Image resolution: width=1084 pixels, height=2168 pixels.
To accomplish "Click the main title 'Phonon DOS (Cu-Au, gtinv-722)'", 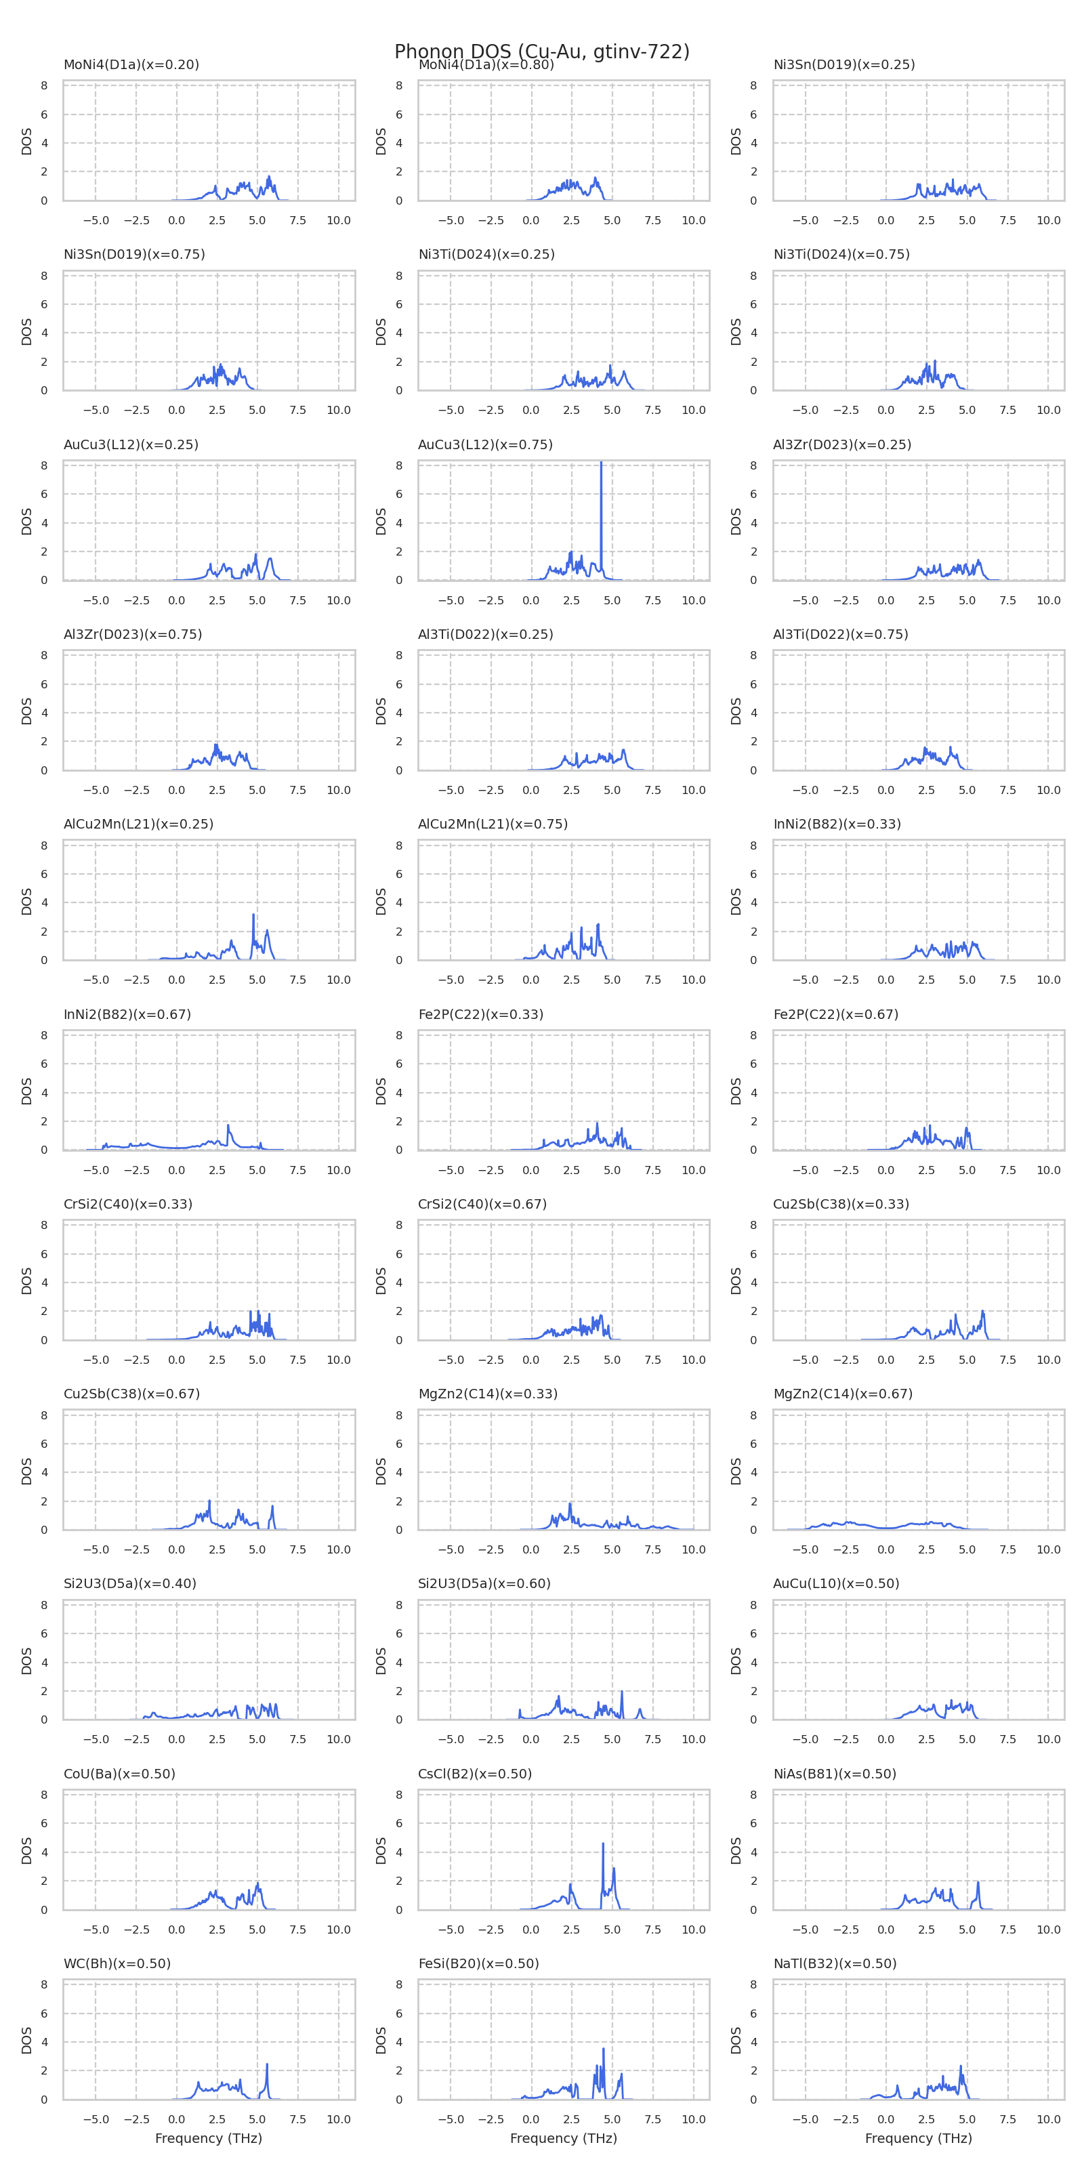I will click(542, 52).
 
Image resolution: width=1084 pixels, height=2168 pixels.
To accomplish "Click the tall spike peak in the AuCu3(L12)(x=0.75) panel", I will click(601, 463).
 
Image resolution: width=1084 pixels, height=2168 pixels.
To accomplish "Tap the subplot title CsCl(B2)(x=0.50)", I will click(475, 1773).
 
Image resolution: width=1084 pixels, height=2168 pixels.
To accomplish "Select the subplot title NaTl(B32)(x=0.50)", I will click(835, 1963).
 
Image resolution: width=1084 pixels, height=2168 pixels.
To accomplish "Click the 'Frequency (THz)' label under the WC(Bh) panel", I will click(209, 2139).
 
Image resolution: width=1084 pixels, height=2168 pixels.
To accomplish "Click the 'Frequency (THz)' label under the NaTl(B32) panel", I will click(918, 2139).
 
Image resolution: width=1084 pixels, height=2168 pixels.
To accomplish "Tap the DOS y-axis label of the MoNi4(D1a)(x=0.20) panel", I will click(26, 142).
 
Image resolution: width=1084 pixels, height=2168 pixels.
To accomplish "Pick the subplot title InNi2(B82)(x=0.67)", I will click(127, 1014).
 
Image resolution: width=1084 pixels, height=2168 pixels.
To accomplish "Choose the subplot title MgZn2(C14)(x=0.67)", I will click(842, 1394).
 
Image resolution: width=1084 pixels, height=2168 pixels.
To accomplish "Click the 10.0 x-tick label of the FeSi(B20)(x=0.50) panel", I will click(694, 2119).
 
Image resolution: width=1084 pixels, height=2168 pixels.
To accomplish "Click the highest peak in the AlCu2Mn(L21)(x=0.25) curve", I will click(253, 915).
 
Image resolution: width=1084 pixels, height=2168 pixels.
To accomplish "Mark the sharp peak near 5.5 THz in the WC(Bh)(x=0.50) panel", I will click(267, 2064).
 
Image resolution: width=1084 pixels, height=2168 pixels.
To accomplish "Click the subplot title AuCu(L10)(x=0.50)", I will click(836, 1583).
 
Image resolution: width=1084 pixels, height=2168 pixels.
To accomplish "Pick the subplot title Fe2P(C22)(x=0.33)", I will click(480, 1014).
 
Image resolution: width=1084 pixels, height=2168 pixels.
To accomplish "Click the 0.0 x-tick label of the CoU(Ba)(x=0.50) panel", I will click(177, 1930).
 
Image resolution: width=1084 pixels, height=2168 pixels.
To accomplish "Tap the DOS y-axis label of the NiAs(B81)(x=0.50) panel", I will click(736, 1851).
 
